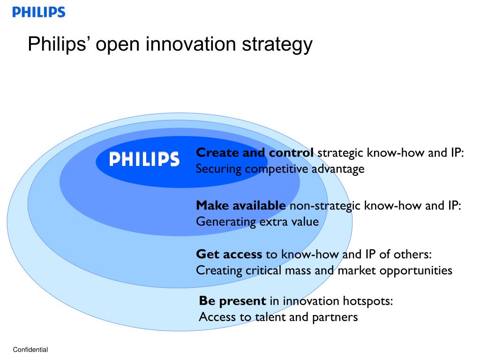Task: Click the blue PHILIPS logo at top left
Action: [38, 12]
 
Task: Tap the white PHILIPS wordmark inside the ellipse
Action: [144, 159]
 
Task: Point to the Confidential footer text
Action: [30, 350]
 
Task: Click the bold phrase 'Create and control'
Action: [255, 153]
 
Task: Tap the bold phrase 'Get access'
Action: [229, 255]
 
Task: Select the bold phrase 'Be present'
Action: [232, 301]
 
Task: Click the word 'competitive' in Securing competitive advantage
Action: [273, 169]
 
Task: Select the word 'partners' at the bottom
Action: [337, 317]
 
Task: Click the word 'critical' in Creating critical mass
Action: [262, 270]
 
